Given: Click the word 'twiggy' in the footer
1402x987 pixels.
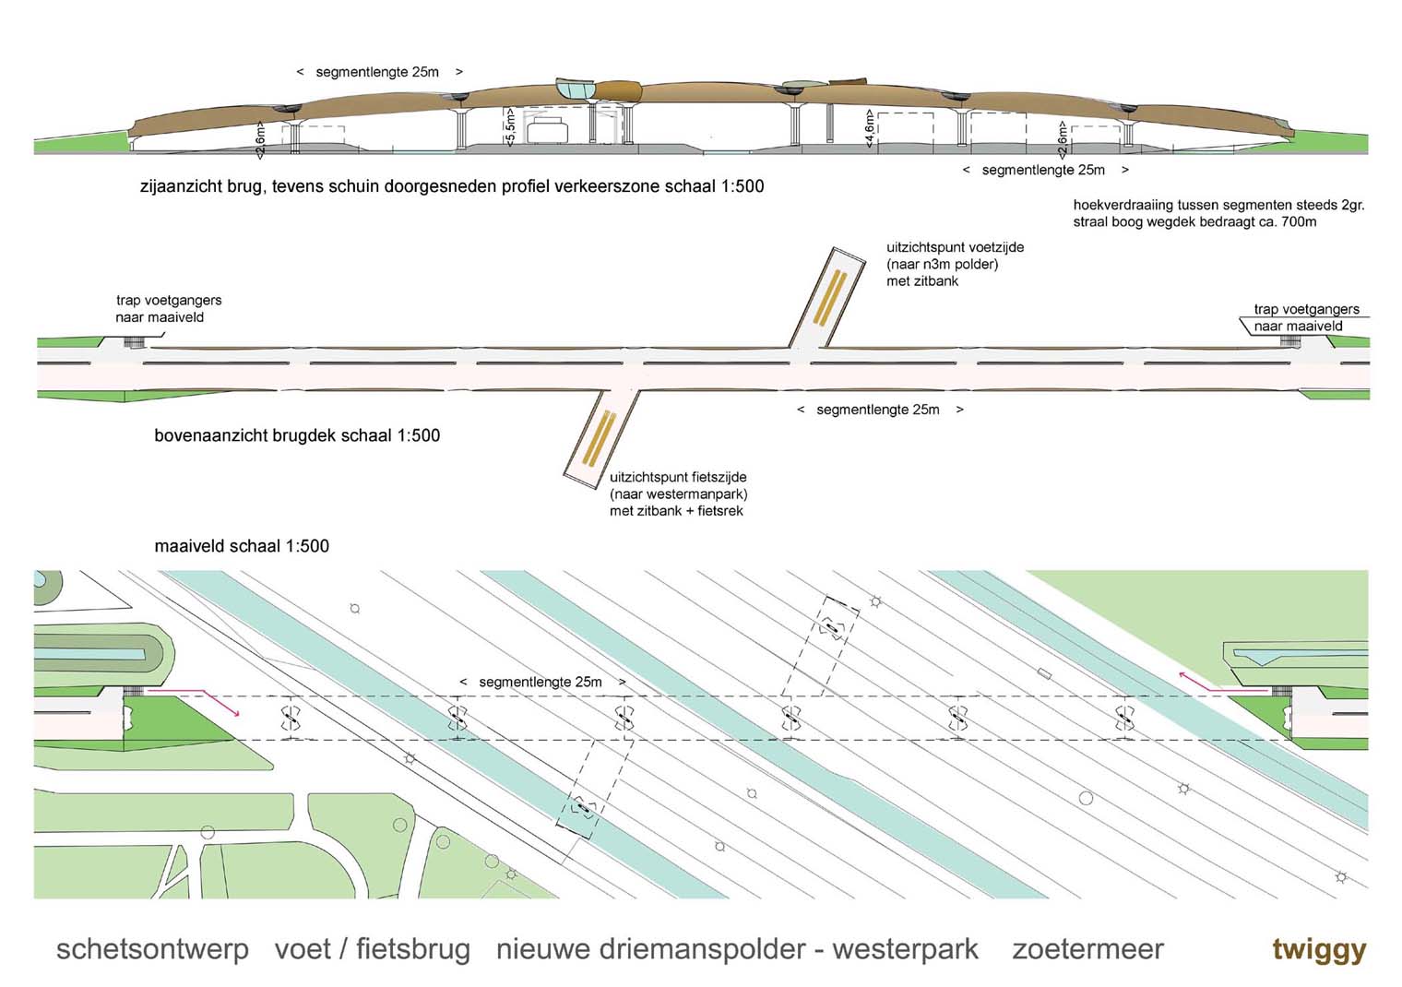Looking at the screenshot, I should coord(1318,949).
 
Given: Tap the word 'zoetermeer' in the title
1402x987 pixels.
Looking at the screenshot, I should coord(1087,949).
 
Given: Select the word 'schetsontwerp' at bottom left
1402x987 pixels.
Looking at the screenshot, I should coord(152,949).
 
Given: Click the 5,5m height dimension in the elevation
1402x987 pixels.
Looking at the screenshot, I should coord(510,125).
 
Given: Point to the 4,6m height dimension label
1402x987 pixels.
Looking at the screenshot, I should coord(869,128).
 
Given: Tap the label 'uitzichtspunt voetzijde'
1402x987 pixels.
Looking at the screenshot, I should coord(955,247).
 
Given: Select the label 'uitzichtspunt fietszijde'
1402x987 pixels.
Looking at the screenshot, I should coord(678,477).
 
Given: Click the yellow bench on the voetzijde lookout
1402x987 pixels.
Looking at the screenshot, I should coord(830,295).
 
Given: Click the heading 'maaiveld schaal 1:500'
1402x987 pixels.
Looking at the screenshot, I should coord(242,546).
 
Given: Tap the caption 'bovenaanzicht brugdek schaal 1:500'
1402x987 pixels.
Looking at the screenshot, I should coord(297,435).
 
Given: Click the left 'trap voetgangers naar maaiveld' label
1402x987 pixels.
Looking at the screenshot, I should coord(168,308).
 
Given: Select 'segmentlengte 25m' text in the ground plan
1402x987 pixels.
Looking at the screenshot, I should coord(541,682).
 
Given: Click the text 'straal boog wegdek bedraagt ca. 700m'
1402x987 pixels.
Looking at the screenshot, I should coord(1194,221).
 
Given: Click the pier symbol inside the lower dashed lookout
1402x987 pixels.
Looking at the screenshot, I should coord(583,809).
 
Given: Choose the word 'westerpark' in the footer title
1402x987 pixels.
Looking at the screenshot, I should coord(905,949).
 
